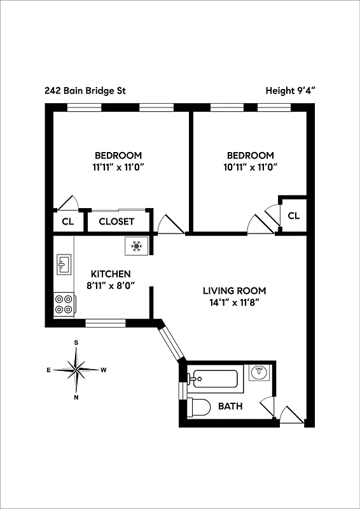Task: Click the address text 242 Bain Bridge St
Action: pyautogui.click(x=85, y=90)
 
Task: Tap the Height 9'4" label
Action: pyautogui.click(x=291, y=90)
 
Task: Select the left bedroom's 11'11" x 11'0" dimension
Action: pyautogui.click(x=118, y=167)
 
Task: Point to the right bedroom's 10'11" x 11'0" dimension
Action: pyautogui.click(x=250, y=167)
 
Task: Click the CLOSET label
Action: pyautogui.click(x=116, y=221)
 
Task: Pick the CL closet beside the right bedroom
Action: pyautogui.click(x=293, y=216)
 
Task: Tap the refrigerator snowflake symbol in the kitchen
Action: pyautogui.click(x=136, y=246)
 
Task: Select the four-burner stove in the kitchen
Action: pyautogui.click(x=64, y=304)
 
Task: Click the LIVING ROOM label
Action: pyautogui.click(x=234, y=291)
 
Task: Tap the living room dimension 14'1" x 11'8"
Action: pyautogui.click(x=234, y=303)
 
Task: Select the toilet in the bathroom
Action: pyautogui.click(x=198, y=407)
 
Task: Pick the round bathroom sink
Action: pyautogui.click(x=258, y=373)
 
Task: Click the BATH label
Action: pyautogui.click(x=230, y=406)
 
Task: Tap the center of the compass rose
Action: pyautogui.click(x=76, y=369)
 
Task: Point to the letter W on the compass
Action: pyautogui.click(x=104, y=370)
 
